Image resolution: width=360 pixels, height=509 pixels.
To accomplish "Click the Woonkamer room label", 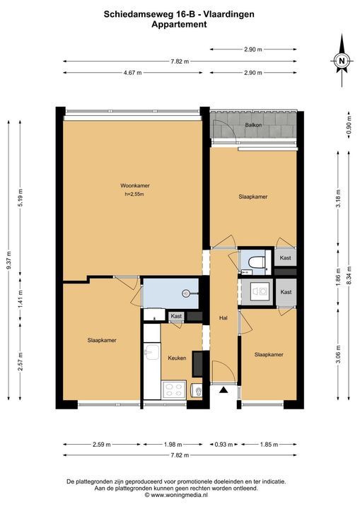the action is [x=135, y=186].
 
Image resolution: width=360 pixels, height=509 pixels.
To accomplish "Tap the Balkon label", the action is [x=253, y=125].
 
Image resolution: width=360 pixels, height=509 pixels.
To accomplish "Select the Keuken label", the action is [x=177, y=358].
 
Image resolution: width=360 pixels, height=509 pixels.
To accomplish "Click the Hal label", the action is [x=223, y=318].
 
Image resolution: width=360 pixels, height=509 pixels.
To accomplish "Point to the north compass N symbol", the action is [x=342, y=61].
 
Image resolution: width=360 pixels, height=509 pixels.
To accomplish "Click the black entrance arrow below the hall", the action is [x=223, y=390].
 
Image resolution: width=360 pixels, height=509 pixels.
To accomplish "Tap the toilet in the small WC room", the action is [x=257, y=262].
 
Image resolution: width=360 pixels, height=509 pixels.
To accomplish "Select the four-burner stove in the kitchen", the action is [x=174, y=390].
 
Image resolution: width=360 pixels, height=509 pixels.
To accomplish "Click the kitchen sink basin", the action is [x=152, y=353].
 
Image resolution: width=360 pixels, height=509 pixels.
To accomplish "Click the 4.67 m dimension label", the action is [x=132, y=73].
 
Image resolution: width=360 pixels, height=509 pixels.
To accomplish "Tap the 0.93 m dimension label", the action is [x=223, y=445].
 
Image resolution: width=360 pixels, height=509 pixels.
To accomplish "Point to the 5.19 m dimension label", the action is [x=20, y=198].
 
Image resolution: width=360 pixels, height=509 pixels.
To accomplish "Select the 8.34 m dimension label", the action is [x=349, y=275].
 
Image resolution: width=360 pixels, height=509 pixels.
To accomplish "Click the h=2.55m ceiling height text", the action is [x=134, y=194].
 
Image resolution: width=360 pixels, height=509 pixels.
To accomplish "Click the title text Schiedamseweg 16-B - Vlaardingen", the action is [x=179, y=14].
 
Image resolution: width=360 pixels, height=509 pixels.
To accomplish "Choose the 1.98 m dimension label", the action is [x=173, y=445].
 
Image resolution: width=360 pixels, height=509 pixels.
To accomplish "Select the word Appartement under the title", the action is [x=179, y=24].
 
